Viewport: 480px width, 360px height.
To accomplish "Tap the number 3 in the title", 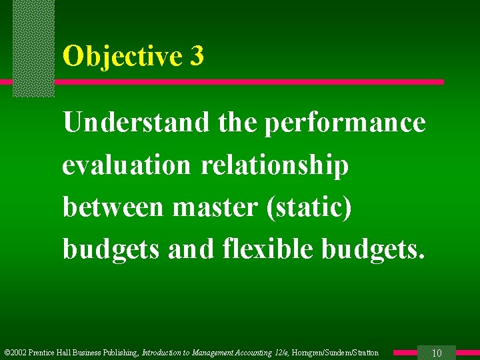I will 196,56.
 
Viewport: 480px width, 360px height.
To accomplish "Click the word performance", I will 345,124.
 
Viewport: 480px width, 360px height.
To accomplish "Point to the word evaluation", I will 126,165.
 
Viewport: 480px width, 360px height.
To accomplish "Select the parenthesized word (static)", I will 309,207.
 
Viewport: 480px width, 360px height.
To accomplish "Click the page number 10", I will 437,353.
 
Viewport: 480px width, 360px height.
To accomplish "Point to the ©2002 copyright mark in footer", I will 15,353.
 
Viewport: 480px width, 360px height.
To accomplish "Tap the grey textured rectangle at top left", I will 33,47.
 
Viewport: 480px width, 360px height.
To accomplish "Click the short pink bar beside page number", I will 404,353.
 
